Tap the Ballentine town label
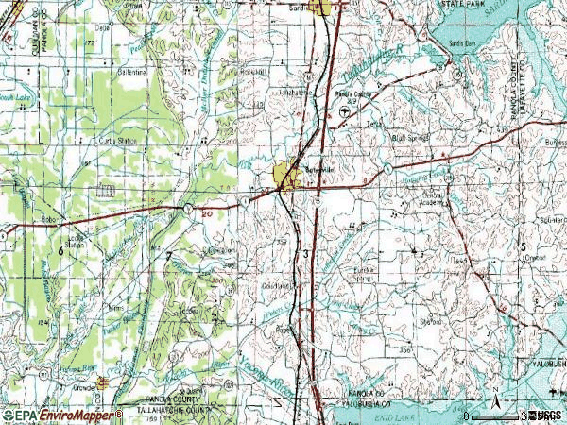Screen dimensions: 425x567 point(129,72)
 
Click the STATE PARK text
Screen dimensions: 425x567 point(460,5)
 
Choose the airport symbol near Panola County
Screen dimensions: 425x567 point(343,111)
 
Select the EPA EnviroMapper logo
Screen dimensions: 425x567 point(61,415)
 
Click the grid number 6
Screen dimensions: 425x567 point(60,251)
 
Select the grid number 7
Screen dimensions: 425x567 point(169,256)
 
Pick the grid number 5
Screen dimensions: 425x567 point(522,247)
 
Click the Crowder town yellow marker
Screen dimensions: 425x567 point(102,382)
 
